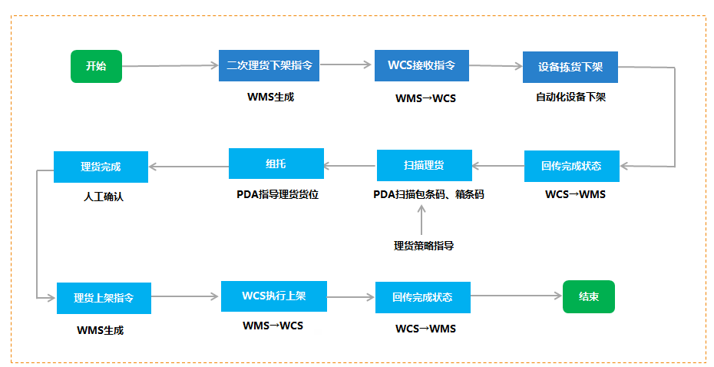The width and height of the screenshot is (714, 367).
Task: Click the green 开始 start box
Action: point(96,67)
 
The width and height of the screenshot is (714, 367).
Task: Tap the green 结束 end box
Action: point(589,297)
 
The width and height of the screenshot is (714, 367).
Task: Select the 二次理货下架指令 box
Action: point(269,65)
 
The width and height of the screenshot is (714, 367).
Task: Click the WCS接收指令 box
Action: point(421,65)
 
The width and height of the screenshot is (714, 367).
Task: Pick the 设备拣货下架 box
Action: point(570,67)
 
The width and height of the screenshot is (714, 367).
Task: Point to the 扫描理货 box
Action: point(425,165)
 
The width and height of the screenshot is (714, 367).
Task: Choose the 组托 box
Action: point(276,164)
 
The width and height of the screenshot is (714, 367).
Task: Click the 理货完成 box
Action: point(101,167)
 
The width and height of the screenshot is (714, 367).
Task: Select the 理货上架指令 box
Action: point(104,298)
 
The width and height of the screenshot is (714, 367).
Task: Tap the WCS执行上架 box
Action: point(274,296)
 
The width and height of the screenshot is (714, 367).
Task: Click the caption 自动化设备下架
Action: point(570,97)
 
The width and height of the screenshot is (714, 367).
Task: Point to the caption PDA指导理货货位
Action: point(277,194)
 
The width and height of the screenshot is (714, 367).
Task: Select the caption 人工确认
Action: point(104,197)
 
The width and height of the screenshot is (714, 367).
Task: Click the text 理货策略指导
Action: point(424,246)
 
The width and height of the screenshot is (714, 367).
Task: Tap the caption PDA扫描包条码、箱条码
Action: point(428,194)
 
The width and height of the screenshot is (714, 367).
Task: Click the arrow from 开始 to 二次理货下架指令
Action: point(170,66)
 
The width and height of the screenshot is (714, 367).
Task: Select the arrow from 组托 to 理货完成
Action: point(189,167)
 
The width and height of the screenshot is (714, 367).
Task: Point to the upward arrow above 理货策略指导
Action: point(421,220)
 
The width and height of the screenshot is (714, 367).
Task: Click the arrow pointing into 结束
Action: point(517,296)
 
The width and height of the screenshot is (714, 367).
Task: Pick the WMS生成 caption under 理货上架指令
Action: point(100,330)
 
